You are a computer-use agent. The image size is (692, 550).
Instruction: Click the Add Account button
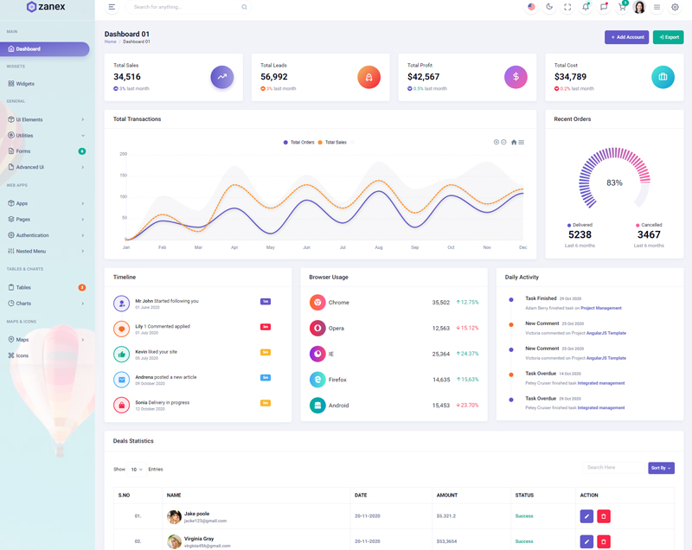click(x=626, y=37)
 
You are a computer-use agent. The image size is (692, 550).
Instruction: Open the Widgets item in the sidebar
click(x=25, y=84)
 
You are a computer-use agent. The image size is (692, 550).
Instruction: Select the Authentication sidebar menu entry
click(x=33, y=235)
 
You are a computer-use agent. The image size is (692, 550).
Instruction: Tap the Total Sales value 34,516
click(x=127, y=77)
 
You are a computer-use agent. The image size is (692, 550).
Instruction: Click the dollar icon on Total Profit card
click(x=516, y=77)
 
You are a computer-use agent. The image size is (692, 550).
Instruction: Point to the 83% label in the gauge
click(x=614, y=182)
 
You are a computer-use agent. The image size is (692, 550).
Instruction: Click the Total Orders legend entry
click(x=299, y=142)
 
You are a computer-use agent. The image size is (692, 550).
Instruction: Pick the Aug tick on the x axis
click(x=379, y=247)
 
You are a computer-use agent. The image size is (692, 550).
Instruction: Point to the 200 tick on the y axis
click(x=123, y=154)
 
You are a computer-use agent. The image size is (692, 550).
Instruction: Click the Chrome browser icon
click(x=317, y=303)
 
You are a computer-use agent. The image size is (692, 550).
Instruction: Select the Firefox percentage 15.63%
click(x=468, y=380)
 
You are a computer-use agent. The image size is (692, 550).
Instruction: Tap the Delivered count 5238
click(x=580, y=234)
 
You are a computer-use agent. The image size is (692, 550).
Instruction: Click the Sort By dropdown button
click(x=661, y=468)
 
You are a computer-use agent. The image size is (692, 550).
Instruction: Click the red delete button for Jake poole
click(x=604, y=516)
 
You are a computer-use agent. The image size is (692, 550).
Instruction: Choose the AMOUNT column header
click(x=447, y=496)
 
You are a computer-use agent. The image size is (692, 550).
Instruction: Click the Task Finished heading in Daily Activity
click(x=541, y=298)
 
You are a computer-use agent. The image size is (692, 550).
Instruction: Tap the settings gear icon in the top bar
click(x=676, y=7)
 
